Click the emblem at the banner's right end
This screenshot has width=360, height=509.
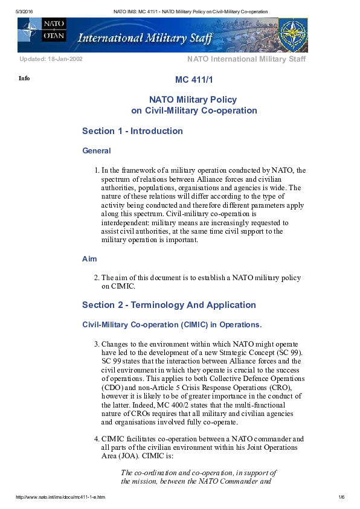pos(293,35)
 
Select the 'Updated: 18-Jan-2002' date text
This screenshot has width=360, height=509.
pos(51,59)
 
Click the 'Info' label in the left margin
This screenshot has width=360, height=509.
pos(24,78)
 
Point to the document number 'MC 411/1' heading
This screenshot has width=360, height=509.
pos(194,80)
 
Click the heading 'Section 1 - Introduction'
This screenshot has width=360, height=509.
pos(132,131)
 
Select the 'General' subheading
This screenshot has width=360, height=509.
pos(96,151)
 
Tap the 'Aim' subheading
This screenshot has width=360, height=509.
pos(89,259)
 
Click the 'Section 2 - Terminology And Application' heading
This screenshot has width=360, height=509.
pos(169,305)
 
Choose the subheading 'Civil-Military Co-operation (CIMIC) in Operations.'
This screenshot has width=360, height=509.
pos(172,325)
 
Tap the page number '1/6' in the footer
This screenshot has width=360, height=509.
pos(341,497)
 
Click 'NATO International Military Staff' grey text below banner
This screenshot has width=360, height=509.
pos(246,59)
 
